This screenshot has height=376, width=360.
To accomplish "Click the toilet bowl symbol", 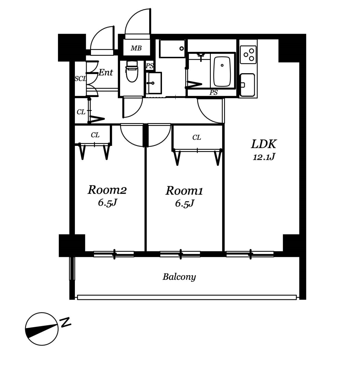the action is pos(132,71).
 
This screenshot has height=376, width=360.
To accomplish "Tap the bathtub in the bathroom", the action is pos(222,72).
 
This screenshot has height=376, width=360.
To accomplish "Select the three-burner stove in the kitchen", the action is pos(248,55).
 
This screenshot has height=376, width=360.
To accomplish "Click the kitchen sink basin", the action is pos(247,85).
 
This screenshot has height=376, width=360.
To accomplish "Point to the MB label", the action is pos(136,48).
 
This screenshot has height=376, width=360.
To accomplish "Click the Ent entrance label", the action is pos(106,72).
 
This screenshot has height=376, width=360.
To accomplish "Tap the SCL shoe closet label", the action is pos(80,79).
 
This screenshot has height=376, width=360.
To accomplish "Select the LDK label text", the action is pos(264,144).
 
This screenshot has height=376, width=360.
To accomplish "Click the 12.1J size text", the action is pos(264,157).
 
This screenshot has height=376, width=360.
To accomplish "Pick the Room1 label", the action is pos(184,191).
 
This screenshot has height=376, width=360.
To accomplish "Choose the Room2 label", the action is pos(107,190).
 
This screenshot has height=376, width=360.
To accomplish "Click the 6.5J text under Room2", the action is pos(108,203).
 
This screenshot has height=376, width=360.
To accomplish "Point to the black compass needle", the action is pos(42,330).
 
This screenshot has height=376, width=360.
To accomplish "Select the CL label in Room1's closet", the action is pos(197,138).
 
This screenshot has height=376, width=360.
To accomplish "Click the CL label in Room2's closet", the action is pos(95,135).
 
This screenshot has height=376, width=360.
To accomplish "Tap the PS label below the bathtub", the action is pos(214,93).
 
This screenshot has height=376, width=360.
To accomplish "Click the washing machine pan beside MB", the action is pos(172,49).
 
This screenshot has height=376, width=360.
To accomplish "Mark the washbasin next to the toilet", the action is pos(154,83).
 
